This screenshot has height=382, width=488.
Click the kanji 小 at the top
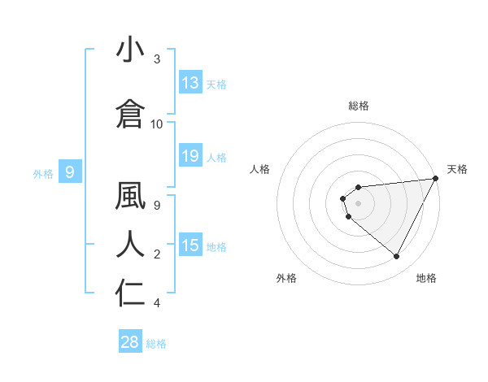click(130, 50)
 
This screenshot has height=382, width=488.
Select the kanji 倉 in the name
click(130, 114)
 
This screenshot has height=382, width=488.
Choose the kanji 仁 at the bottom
click(130, 293)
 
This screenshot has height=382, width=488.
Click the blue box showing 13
click(190, 83)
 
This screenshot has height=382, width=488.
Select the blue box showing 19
click(190, 156)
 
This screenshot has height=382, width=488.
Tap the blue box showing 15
click(190, 245)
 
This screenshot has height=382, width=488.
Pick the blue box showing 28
click(130, 342)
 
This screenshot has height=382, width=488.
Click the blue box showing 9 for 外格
click(70, 172)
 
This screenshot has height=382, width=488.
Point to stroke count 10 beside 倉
click(157, 124)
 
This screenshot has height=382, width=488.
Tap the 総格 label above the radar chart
click(359, 106)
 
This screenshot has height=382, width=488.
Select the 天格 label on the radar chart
click(457, 169)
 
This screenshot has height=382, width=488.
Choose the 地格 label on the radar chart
click(426, 278)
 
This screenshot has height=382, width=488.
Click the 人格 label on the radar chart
click(260, 169)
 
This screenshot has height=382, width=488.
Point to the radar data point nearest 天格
click(436, 179)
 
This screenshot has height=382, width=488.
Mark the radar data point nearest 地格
click(397, 257)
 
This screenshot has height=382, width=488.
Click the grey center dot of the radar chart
click(358, 203)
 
